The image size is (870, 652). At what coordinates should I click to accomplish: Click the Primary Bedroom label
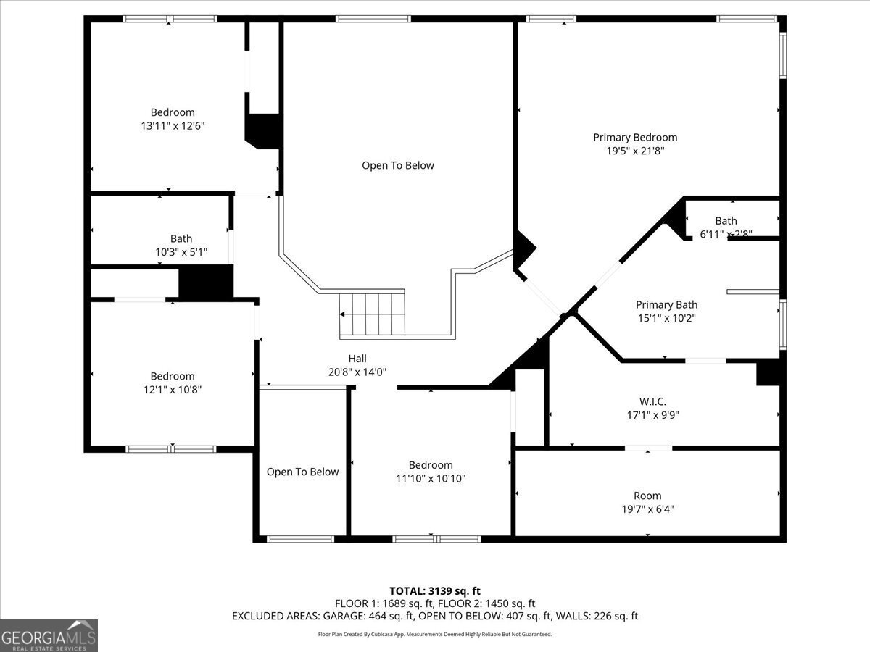(x=635, y=137)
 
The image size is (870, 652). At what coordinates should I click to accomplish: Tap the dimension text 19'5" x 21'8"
(x=635, y=151)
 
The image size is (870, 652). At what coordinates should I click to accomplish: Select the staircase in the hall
(x=372, y=314)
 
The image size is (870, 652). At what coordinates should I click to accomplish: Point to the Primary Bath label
(x=666, y=305)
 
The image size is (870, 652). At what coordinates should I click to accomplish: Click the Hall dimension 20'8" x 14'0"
(x=357, y=372)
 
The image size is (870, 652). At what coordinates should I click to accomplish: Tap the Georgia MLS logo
(x=49, y=635)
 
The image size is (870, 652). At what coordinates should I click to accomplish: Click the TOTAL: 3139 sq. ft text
(x=435, y=590)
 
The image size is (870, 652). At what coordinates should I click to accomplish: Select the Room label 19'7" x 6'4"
(x=647, y=502)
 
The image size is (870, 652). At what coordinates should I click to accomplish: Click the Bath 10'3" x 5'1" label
(x=181, y=246)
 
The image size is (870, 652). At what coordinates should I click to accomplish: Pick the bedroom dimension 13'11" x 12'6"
(x=173, y=126)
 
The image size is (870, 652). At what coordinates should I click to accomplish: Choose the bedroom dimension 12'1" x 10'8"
(x=173, y=390)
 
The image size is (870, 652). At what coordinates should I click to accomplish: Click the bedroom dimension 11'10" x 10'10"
(x=431, y=478)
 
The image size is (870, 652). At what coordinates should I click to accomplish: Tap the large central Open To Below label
(x=398, y=165)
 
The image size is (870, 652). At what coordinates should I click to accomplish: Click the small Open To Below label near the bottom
(x=302, y=472)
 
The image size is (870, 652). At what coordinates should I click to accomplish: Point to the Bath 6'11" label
(x=726, y=227)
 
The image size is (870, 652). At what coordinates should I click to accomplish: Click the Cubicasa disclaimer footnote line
(x=435, y=634)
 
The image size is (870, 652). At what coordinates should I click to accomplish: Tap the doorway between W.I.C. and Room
(x=648, y=448)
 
